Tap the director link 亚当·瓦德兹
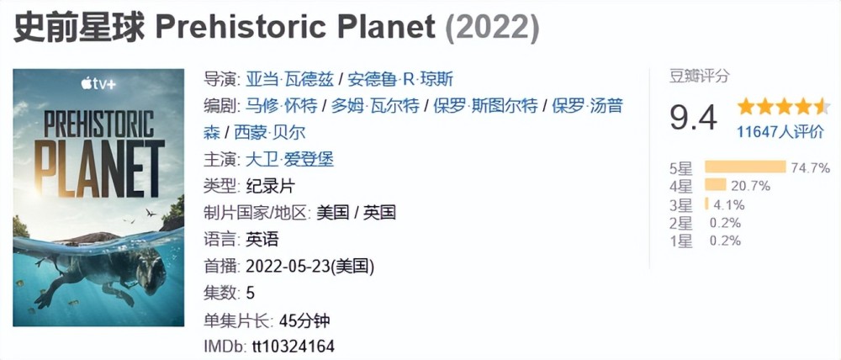[288, 79]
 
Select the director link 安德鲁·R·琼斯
[401, 79]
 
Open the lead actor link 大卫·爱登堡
[289, 159]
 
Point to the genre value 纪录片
[270, 186]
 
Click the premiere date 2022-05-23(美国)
[309, 266]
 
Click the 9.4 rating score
[693, 118]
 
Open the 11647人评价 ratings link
[780, 131]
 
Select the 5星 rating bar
[743, 167]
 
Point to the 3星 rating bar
[706, 204]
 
